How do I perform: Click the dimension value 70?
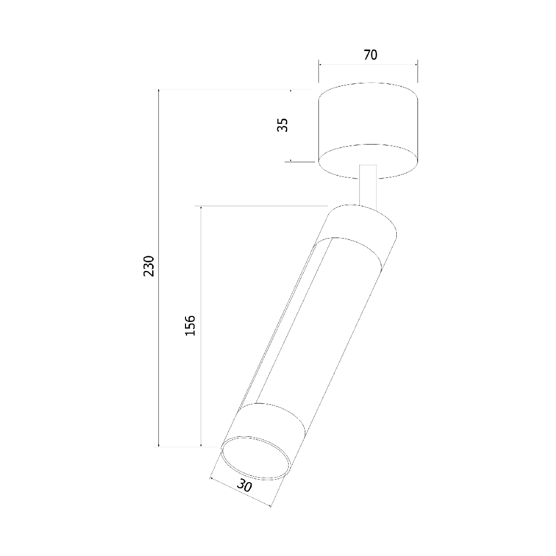[x=370, y=55]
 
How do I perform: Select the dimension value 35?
[x=283, y=125]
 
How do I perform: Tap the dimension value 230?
[x=149, y=266]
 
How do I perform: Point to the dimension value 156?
[x=190, y=326]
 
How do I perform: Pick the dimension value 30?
[x=244, y=485]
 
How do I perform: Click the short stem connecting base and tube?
[x=368, y=186]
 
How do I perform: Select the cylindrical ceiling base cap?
[x=368, y=130]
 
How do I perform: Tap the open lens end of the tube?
[x=256, y=458]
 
